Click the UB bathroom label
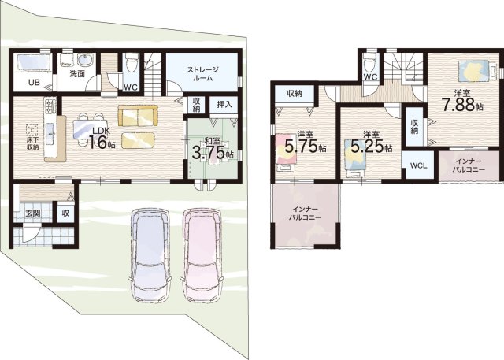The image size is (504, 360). pos(34,83)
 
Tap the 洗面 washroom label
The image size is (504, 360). pos(77,73)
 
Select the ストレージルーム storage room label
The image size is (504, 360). pos(203,73)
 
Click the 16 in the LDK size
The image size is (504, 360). pos(98,143)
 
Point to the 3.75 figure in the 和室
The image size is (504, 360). pos(208,153)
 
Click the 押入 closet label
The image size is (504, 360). pos(224,105)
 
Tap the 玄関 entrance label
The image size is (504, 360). pos(33,213)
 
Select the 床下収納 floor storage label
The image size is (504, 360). pos(32,144)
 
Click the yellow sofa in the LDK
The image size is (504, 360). pos(139,115)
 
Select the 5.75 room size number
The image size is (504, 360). pos(301,147)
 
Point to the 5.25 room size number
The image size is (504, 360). pos(367,147)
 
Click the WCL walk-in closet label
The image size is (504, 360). pos(418,166)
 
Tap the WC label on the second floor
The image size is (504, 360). pos(370,77)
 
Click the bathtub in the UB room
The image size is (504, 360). pos(33,62)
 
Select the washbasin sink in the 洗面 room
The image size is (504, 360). pos(85,60)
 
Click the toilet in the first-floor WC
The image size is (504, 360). pos(132,63)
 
